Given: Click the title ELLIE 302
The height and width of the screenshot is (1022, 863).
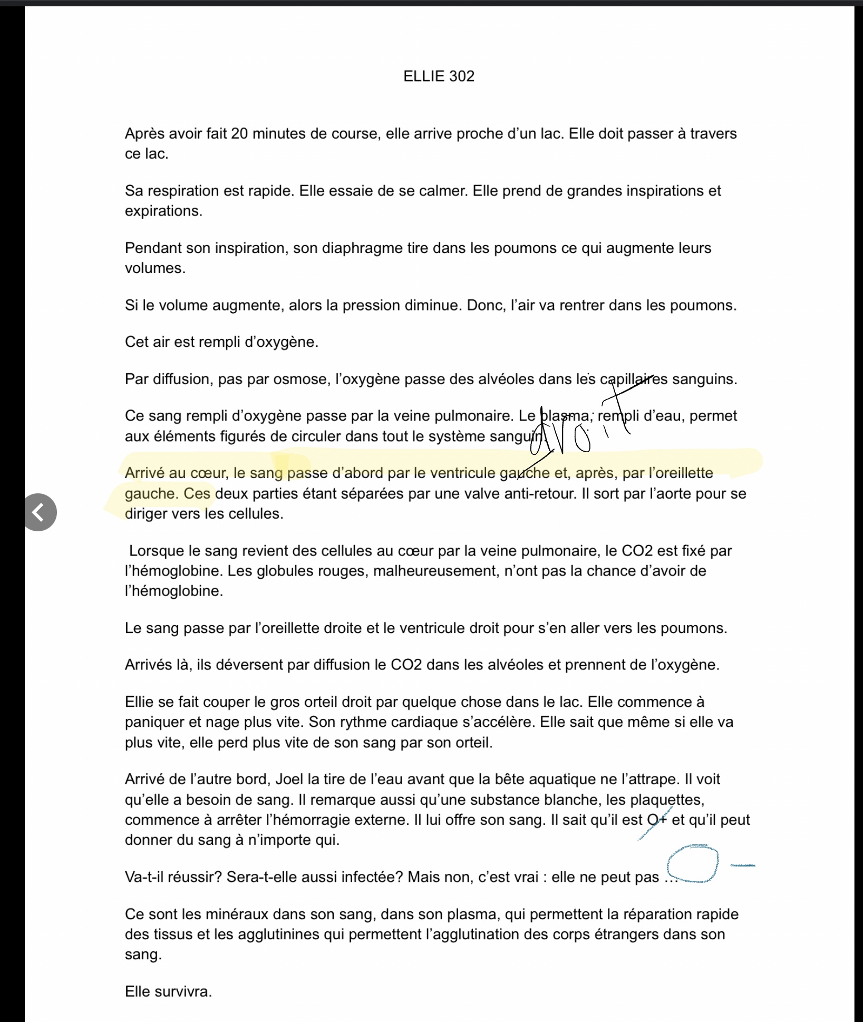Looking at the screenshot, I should tap(439, 76).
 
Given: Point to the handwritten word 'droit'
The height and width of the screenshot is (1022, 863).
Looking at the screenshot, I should tap(580, 427).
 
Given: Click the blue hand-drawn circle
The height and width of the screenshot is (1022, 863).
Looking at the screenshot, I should tap(692, 864).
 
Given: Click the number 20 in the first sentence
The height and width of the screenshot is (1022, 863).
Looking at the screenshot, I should tap(239, 134).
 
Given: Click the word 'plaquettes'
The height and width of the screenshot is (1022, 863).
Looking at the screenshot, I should tap(666, 800).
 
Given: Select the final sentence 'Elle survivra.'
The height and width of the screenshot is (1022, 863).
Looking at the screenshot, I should tap(168, 991).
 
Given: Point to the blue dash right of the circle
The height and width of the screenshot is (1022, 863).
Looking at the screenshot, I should tap(742, 865).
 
